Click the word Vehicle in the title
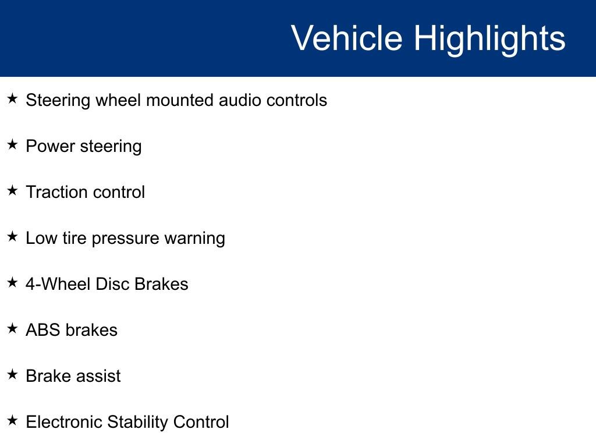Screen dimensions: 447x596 click(346, 38)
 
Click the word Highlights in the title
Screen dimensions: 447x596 click(489, 38)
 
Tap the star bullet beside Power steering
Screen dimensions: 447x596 click(13, 145)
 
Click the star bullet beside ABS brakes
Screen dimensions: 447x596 click(13, 329)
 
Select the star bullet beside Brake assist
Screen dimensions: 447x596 click(13, 375)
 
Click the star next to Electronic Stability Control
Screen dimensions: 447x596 click(13, 421)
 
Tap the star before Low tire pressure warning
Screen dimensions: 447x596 click(13, 237)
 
